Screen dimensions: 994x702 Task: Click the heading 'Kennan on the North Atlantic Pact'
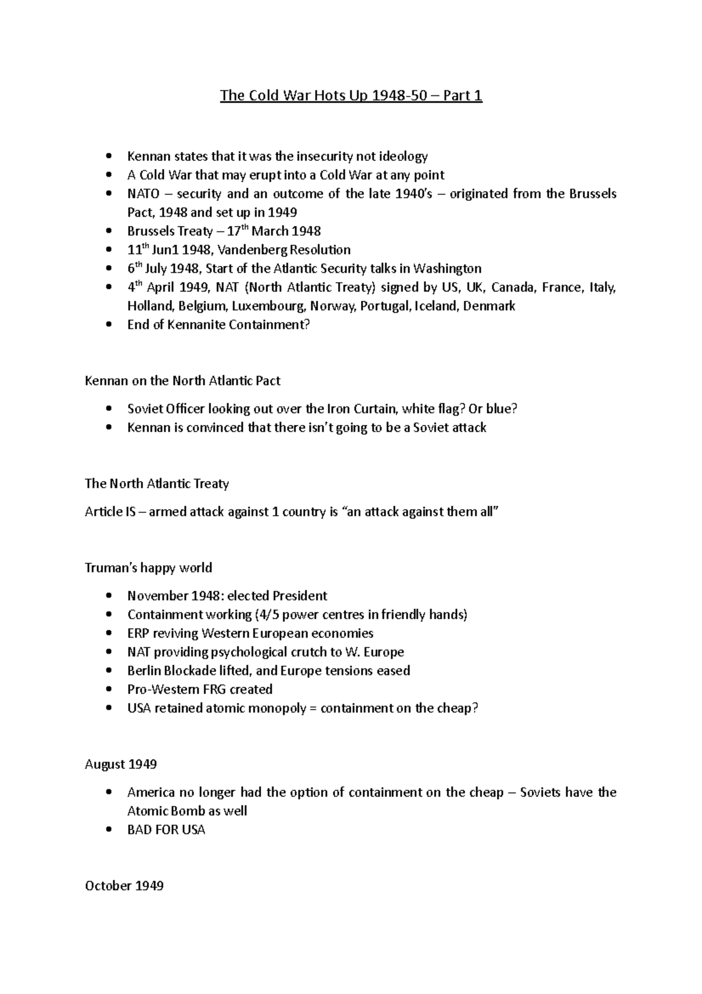pyautogui.click(x=183, y=381)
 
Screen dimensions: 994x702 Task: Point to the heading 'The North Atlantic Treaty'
pyautogui.click(x=157, y=484)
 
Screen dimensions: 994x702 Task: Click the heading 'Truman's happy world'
pyautogui.click(x=149, y=568)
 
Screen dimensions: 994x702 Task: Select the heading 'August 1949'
pyautogui.click(x=121, y=765)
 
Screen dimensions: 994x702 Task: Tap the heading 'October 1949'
pyautogui.click(x=124, y=886)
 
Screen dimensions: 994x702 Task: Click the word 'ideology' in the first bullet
pyautogui.click(x=404, y=156)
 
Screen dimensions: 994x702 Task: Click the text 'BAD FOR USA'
pyautogui.click(x=166, y=830)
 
